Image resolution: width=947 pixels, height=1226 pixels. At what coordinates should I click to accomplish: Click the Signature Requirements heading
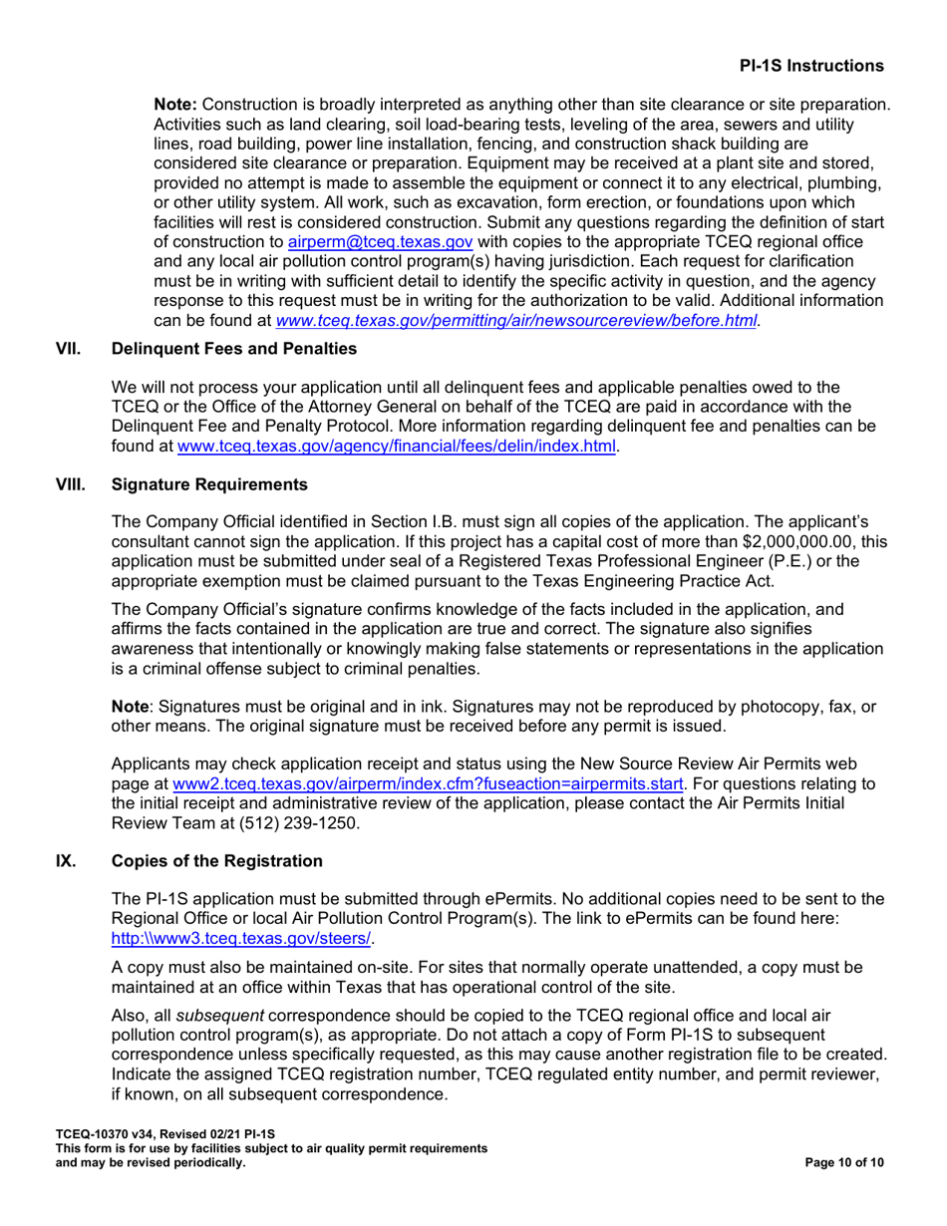point(197,485)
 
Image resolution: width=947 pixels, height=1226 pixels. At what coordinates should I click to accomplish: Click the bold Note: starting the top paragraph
point(175,104)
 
